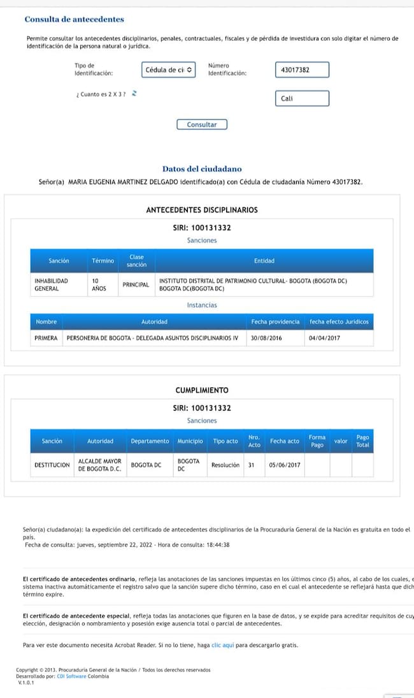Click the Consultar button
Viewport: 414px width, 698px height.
coord(201,125)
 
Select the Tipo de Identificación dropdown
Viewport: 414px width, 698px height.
coord(168,69)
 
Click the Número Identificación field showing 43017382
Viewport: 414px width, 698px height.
coord(303,69)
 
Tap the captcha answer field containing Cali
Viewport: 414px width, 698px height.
coord(303,99)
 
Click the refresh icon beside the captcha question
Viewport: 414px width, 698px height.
coord(134,94)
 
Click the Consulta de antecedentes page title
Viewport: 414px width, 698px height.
coord(74,20)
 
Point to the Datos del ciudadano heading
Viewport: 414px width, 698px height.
coord(202,169)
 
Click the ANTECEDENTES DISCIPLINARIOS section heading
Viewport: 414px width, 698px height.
coord(202,210)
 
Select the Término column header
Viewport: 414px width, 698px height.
coord(103,261)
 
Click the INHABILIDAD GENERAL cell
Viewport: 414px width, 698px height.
coord(51,284)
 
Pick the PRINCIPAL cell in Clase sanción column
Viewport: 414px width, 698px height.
coord(136,284)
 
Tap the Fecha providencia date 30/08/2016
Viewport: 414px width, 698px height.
coord(266,338)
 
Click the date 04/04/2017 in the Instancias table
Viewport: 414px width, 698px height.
coord(324,338)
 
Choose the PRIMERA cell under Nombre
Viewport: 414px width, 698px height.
coord(46,338)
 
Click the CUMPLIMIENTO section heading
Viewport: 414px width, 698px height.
coord(202,390)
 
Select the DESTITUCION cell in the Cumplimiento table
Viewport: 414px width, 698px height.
coord(52,465)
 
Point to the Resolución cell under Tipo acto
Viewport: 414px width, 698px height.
coord(225,465)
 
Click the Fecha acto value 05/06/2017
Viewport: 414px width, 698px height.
coord(284,465)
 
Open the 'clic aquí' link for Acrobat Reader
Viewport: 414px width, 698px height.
coord(223,645)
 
